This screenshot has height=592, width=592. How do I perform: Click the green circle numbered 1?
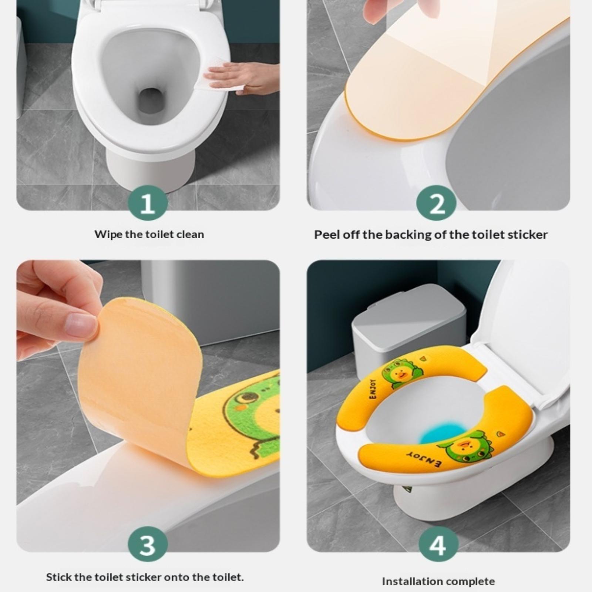pos(148,203)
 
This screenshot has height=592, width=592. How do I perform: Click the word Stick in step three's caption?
pos(58,577)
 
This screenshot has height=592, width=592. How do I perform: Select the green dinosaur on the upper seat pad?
pos(401,373)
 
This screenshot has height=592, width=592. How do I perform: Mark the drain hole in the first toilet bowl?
pos(150,100)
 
